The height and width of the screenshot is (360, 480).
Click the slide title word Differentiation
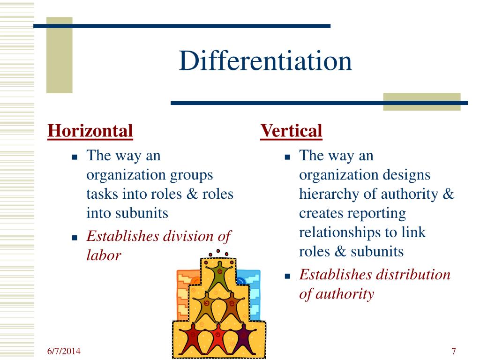click(265, 61)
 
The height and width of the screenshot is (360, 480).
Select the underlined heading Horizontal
click(90, 130)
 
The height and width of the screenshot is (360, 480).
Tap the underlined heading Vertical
click(291, 130)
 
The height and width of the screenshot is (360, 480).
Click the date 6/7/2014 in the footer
click(64, 351)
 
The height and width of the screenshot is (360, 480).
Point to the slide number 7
click(454, 351)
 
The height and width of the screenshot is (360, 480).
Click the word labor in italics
click(104, 255)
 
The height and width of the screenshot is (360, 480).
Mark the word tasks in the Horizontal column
click(102, 194)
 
